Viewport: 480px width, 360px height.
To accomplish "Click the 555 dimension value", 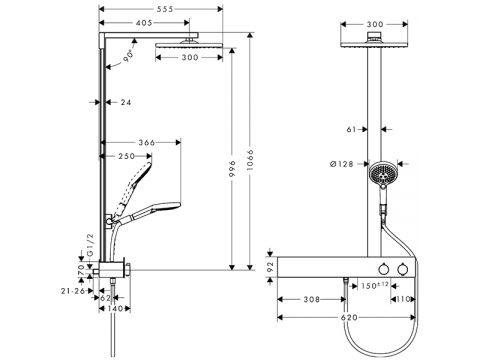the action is coord(165,9).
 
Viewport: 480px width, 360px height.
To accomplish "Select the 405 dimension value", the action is coord(144,23).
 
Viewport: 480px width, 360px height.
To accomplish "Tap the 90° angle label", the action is coord(128,56).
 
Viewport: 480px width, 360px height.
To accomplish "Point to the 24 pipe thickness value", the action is coord(126,102).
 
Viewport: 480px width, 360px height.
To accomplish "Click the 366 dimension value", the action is coord(147,143).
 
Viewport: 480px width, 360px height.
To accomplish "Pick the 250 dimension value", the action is coord(127,156).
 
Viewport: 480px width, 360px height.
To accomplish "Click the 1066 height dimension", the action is coord(251,160).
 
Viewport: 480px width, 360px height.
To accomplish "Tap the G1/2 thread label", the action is coord(90,245).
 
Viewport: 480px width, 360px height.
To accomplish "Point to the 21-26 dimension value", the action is coord(73,291).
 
